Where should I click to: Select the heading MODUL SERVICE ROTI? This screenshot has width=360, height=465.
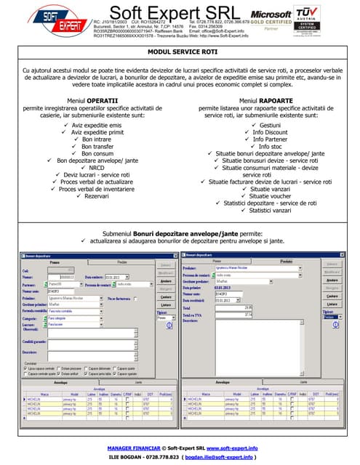pos(180,53)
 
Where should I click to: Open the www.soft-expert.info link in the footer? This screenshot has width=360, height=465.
pos(236,448)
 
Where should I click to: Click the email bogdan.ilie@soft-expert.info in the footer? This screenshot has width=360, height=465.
pos(220,457)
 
